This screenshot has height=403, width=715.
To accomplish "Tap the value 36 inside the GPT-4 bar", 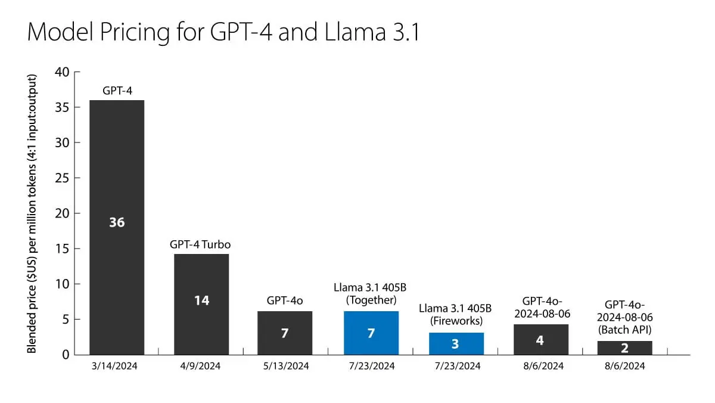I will pyautogui.click(x=117, y=222).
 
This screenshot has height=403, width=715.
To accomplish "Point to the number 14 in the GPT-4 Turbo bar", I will pyautogui.click(x=201, y=300).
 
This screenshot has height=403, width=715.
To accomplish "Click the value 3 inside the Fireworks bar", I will pyautogui.click(x=455, y=344).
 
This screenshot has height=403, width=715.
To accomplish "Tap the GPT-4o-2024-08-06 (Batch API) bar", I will pyautogui.click(x=624, y=348).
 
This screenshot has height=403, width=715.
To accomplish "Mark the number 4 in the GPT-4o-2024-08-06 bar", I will pyautogui.click(x=540, y=340).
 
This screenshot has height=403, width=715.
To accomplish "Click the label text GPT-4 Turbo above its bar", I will pyautogui.click(x=200, y=245).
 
